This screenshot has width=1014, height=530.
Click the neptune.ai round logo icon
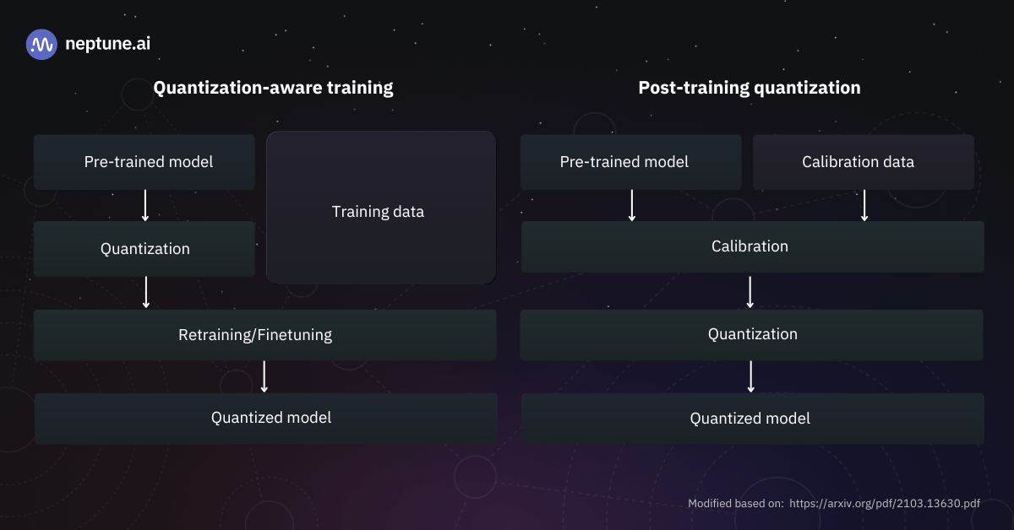click(41, 44)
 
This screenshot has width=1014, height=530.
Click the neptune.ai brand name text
click(107, 44)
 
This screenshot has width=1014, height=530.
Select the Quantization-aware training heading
click(273, 88)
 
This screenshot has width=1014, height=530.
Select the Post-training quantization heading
click(750, 88)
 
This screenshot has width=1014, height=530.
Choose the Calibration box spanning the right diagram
click(752, 246)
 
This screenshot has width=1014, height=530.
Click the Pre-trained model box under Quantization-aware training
click(144, 162)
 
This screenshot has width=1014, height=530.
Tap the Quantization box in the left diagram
click(144, 249)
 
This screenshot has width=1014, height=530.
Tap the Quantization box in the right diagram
click(752, 334)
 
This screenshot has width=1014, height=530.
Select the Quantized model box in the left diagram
click(266, 418)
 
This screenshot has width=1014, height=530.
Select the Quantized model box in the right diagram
click(752, 419)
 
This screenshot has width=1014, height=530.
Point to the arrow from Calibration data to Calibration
click(864, 205)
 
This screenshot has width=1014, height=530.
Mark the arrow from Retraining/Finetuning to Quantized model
click(264, 376)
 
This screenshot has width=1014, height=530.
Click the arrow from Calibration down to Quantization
click(750, 291)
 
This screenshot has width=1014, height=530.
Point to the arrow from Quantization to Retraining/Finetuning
click(146, 292)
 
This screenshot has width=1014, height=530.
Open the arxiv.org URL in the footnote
click(885, 504)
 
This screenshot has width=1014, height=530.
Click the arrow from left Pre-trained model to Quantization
click(145, 205)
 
